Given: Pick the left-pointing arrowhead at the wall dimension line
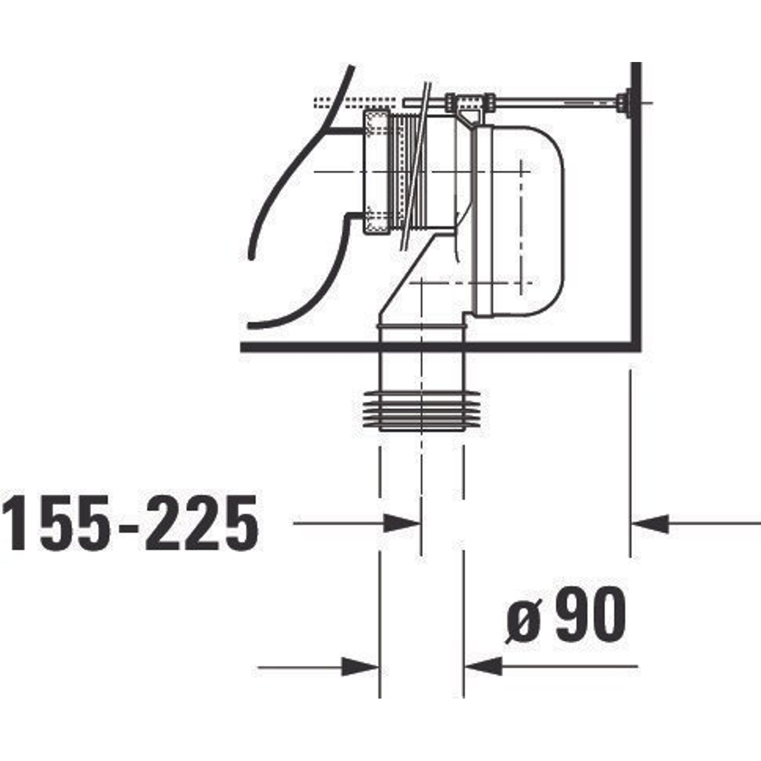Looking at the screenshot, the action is tap(650, 524).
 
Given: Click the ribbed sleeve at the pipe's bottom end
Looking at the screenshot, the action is tap(421, 411).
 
